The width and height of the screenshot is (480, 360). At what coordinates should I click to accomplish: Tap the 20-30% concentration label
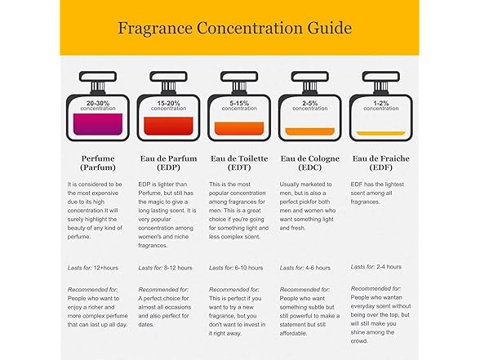click(x=98, y=105)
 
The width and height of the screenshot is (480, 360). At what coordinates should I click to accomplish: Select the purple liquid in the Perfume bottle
click(x=98, y=124)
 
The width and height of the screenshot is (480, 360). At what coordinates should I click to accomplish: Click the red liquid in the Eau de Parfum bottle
click(x=168, y=126)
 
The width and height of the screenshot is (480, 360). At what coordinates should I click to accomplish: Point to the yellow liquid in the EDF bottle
click(x=380, y=133)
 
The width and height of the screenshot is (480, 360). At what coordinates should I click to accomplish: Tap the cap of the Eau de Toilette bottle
click(x=239, y=77)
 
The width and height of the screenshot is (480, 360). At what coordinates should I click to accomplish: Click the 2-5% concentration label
click(x=310, y=105)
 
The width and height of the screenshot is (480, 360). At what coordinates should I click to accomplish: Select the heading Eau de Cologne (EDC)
click(x=310, y=163)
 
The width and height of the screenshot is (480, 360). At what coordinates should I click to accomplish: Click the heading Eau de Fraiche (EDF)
click(x=380, y=163)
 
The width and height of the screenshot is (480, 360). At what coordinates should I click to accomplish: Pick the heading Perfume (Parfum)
click(x=98, y=163)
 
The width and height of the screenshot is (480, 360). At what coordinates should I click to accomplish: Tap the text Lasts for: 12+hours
click(x=93, y=268)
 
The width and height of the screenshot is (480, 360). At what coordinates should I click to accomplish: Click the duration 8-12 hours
click(x=178, y=268)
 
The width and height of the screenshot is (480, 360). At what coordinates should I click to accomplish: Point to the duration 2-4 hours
click(x=389, y=267)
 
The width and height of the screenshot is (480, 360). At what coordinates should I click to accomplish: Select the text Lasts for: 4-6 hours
click(x=305, y=268)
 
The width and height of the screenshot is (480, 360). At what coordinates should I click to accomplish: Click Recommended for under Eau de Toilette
click(x=233, y=290)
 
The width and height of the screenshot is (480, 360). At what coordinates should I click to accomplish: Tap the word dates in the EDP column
click(x=146, y=325)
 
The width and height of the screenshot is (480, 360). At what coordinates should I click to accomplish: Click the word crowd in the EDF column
click(x=359, y=341)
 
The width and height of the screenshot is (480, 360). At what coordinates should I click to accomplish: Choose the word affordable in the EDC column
click(x=293, y=333)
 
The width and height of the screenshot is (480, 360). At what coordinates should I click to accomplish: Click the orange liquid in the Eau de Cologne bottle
click(x=310, y=131)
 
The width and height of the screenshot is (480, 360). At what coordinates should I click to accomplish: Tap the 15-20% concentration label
click(x=168, y=105)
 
